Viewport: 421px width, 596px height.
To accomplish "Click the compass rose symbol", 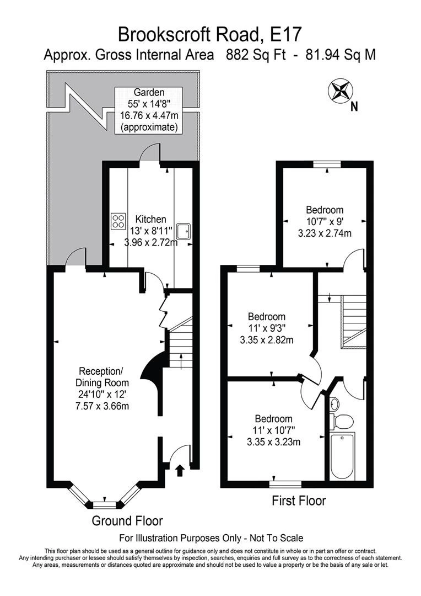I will (x=339, y=91).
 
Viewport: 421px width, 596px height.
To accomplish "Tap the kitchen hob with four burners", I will (x=118, y=221).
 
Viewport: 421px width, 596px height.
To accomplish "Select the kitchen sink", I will (x=183, y=231).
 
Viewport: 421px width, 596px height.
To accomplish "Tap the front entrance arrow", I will (x=179, y=470).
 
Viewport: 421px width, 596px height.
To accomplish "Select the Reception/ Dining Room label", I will (x=104, y=376).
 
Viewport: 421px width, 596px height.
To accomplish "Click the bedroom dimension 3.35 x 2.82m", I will (x=267, y=339).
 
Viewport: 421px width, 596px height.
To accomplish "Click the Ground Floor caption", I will (x=127, y=520).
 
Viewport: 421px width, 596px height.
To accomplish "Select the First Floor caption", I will (x=299, y=501).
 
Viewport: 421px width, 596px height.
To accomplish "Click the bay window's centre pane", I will (x=105, y=504).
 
